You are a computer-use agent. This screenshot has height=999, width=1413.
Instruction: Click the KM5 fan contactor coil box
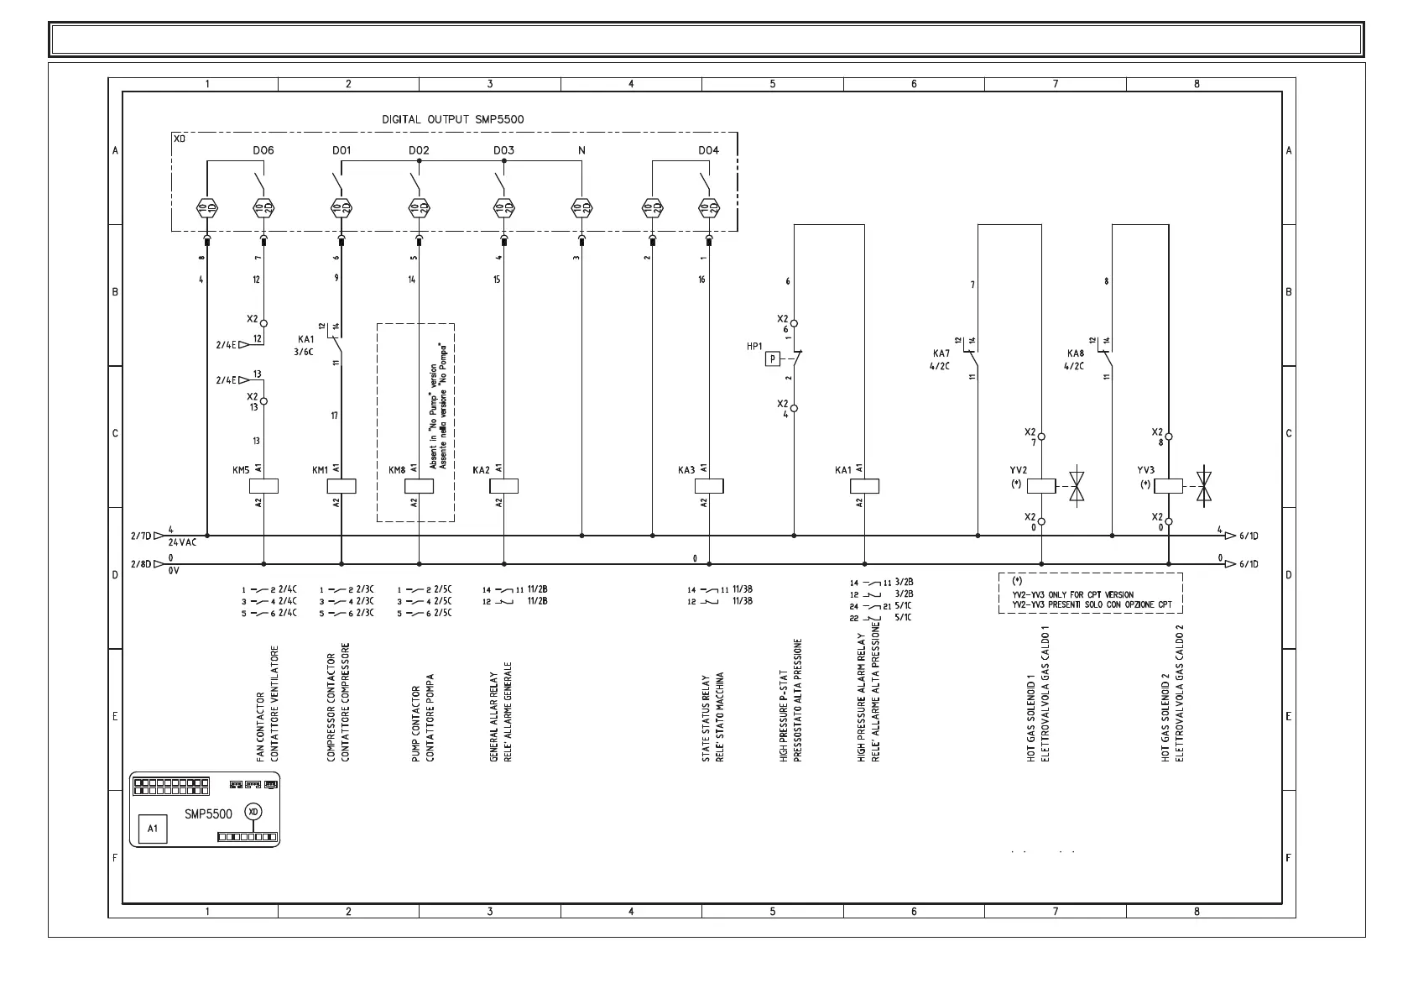point(264,486)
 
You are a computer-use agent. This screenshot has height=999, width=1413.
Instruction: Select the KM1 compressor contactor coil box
point(342,486)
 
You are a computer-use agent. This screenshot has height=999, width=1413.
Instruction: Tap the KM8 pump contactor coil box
point(419,486)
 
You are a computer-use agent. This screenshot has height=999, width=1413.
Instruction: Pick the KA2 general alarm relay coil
point(503,486)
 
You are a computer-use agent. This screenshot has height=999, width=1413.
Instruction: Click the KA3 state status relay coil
point(709,486)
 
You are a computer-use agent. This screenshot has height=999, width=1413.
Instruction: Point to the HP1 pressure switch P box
point(772,359)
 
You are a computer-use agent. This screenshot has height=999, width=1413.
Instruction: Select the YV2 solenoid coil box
point(1041,485)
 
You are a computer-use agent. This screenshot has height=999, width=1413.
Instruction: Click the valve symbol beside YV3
point(1204,485)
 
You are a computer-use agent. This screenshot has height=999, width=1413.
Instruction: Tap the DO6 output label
point(263,151)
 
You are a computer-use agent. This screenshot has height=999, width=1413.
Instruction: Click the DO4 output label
point(708,151)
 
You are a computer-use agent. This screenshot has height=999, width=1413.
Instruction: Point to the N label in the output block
point(581,151)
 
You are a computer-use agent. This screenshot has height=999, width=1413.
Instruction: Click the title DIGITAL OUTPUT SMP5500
point(453,119)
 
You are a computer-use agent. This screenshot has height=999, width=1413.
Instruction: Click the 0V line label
point(174,571)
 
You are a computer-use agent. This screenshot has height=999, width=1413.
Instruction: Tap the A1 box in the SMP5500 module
point(153,829)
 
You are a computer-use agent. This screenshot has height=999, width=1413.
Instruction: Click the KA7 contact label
point(941,353)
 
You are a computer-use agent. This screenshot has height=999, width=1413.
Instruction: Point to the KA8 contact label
point(1075,353)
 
